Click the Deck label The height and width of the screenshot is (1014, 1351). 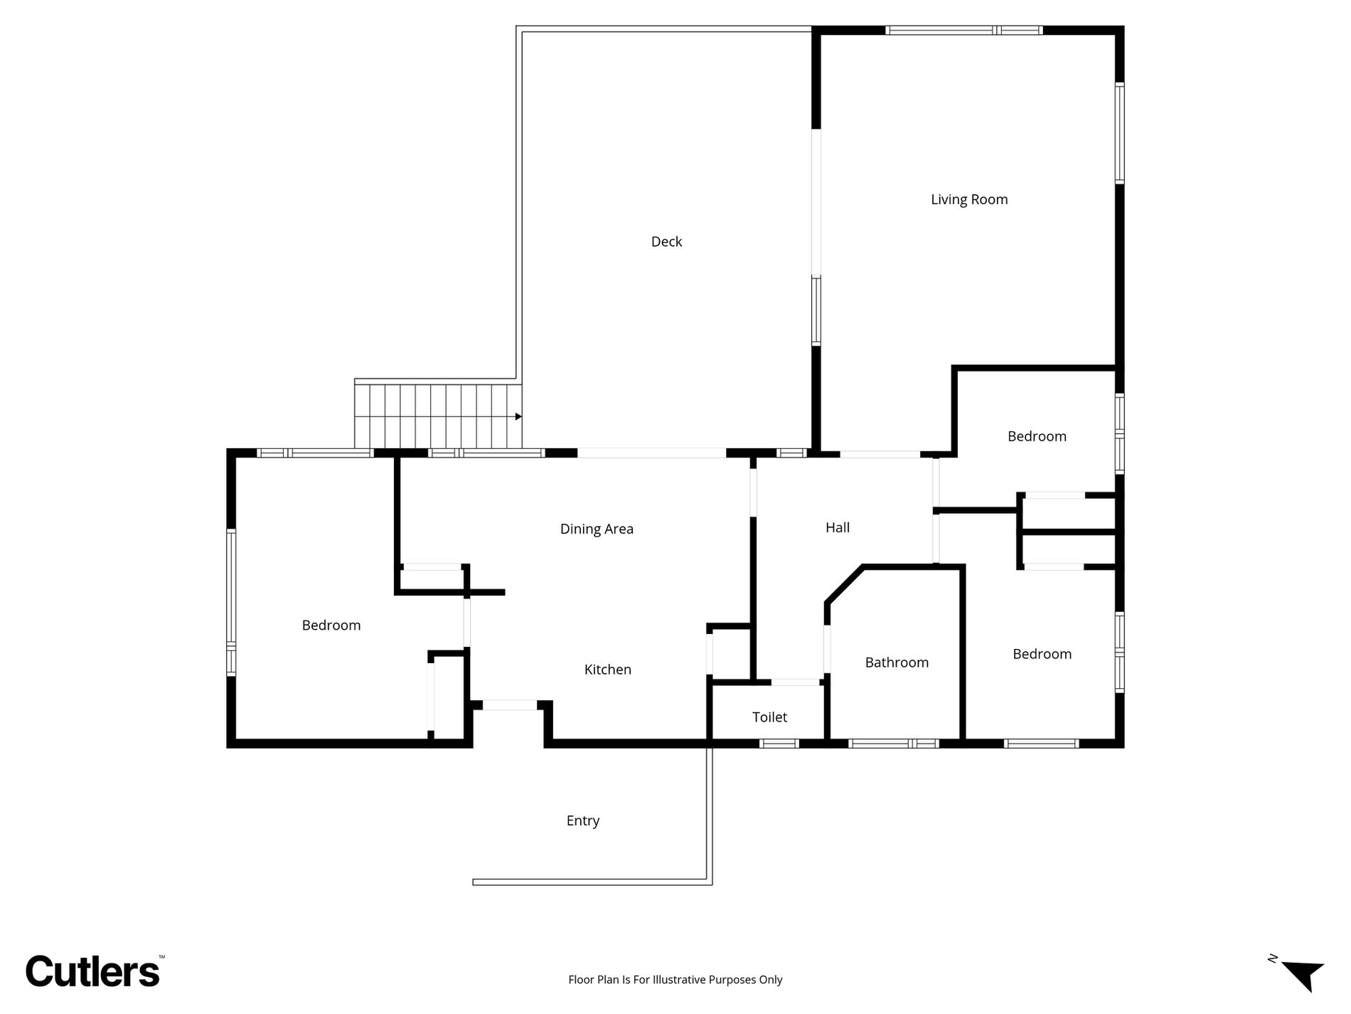[666, 242]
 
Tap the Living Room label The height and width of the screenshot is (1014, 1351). [969, 200]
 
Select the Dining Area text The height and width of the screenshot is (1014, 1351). [597, 529]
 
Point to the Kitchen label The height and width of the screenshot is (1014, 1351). [608, 670]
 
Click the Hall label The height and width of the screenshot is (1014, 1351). [838, 527]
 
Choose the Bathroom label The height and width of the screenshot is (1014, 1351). [897, 662]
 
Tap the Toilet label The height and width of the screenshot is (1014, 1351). [770, 717]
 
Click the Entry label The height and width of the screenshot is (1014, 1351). [583, 821]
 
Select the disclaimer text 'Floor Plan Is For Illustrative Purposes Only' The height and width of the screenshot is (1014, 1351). [675, 980]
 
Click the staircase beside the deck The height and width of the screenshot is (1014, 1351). [439, 416]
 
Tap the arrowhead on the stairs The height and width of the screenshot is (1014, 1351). [519, 416]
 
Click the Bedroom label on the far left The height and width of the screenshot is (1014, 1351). [331, 625]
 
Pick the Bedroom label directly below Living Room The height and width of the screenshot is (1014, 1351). [1037, 436]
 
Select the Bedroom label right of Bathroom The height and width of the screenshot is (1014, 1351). [1042, 654]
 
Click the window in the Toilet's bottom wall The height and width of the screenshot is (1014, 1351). [779, 744]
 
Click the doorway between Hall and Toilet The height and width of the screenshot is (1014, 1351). [796, 682]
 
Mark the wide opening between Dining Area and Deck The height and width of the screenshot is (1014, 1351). [651, 453]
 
